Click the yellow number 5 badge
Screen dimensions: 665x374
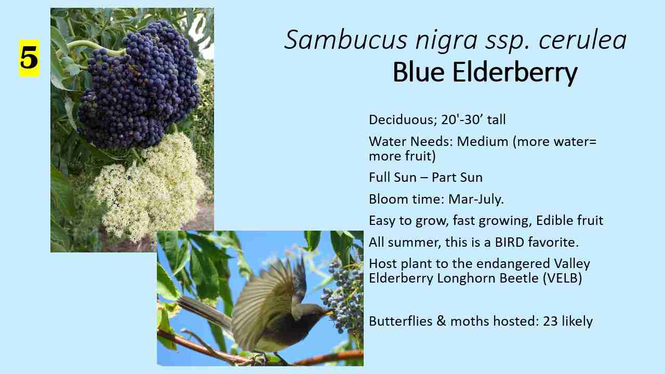point(29,58)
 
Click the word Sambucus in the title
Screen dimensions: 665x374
point(346,40)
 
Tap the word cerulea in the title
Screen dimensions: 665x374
point(582,40)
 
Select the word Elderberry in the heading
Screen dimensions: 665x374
point(515,72)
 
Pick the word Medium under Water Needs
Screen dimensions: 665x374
point(483,142)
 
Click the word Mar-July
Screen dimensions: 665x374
point(476,199)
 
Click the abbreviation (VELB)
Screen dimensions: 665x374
point(562,278)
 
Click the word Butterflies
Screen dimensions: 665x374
point(401,321)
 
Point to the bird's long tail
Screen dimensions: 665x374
point(205,311)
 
